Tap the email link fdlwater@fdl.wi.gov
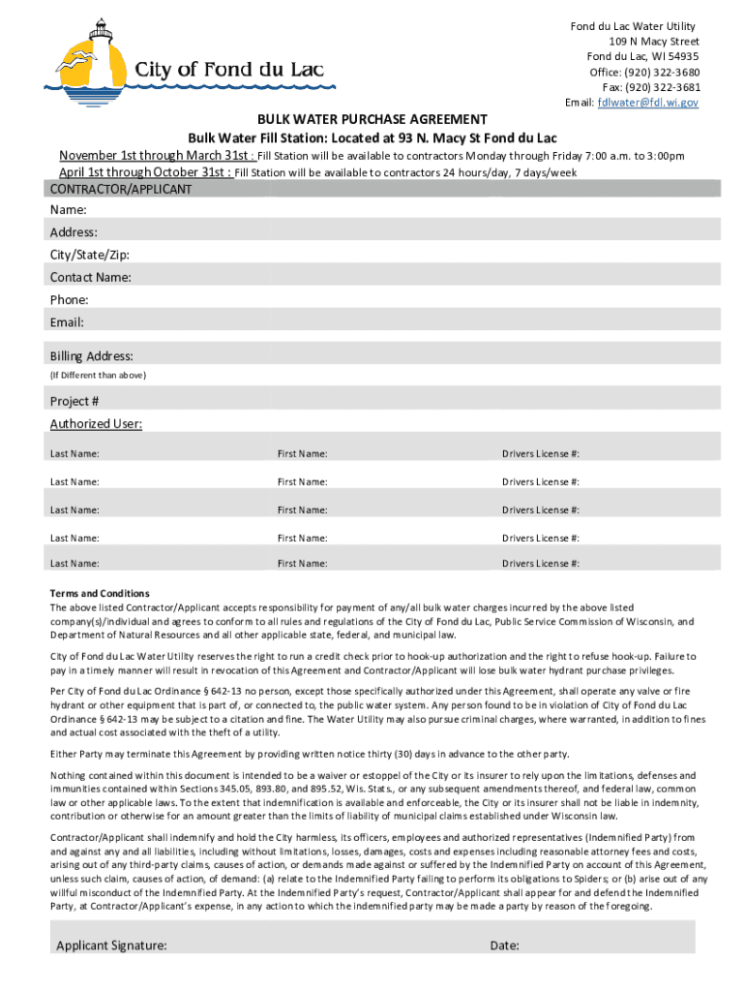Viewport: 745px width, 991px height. [x=647, y=103]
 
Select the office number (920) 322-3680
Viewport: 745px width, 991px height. [x=663, y=73]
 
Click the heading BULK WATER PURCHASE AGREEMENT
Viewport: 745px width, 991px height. [x=372, y=119]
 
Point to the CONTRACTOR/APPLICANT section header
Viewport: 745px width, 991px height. [x=121, y=190]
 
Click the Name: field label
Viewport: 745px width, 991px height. [x=68, y=210]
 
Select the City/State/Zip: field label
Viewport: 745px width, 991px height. [x=89, y=255]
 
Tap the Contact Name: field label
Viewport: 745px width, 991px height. [x=91, y=277]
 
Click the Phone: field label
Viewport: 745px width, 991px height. [x=69, y=300]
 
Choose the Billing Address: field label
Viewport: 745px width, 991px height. [x=92, y=356]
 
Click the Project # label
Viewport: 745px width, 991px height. [x=74, y=402]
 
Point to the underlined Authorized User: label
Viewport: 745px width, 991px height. [x=96, y=424]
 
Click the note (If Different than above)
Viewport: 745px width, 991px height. [x=98, y=375]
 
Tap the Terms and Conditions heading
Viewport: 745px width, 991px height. [x=100, y=593]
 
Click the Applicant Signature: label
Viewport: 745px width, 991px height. [x=111, y=946]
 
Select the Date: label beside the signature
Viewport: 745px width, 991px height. [x=505, y=946]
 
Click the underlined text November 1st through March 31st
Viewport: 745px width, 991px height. [x=153, y=156]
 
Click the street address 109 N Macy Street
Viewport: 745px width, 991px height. [x=654, y=42]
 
